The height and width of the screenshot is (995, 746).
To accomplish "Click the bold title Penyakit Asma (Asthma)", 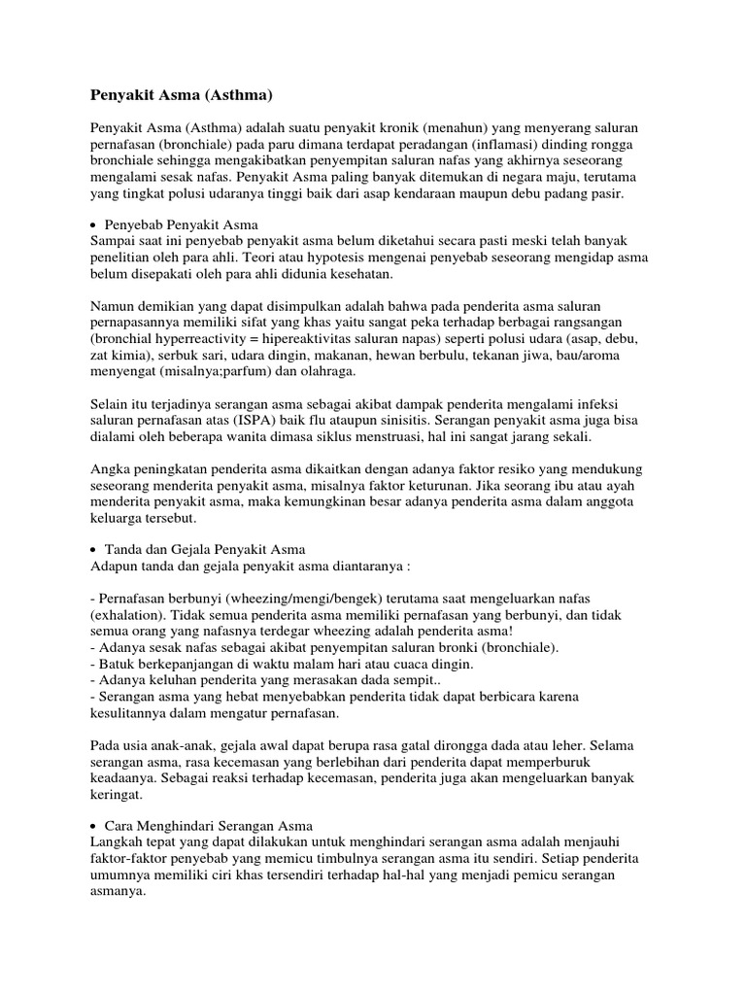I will [x=182, y=95].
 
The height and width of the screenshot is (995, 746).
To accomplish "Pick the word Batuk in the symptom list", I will [x=115, y=664].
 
